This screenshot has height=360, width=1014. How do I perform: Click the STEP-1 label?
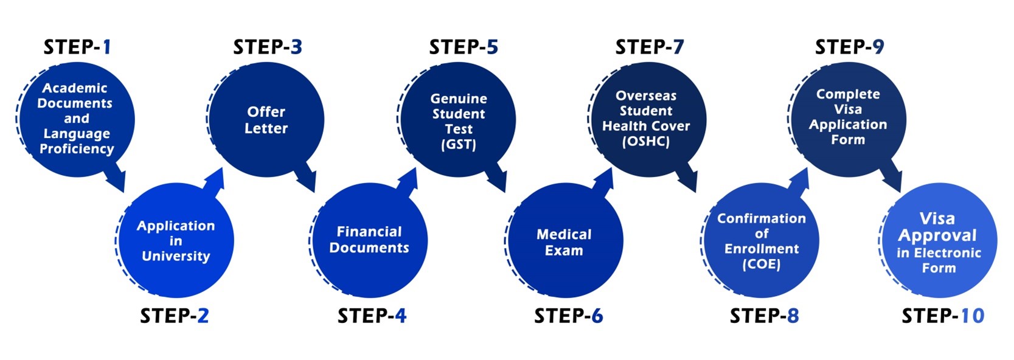tap(77, 47)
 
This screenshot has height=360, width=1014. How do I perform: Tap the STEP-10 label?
tap(943, 316)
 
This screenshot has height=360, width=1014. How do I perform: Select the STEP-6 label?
tap(568, 316)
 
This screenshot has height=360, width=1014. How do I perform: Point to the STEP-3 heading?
tap(268, 47)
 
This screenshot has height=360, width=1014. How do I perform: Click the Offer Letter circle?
tap(266, 120)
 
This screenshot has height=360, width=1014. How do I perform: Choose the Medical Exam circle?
tap(564, 241)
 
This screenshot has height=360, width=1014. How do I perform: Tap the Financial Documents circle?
tap(369, 240)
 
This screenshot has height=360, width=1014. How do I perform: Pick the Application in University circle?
tap(176, 241)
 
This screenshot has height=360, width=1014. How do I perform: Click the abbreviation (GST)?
tap(459, 145)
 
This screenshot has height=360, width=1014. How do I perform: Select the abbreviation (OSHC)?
tap(645, 142)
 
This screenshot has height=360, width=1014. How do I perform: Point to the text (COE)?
tap(761, 264)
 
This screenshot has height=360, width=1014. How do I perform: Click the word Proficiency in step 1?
tap(77, 149)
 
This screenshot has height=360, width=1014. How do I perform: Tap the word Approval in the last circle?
tap(937, 235)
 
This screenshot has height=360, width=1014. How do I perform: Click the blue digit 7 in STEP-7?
tap(678, 47)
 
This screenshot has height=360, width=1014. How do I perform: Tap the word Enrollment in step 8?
tap(762, 249)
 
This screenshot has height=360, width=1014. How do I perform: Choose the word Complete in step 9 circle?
tap(848, 94)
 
